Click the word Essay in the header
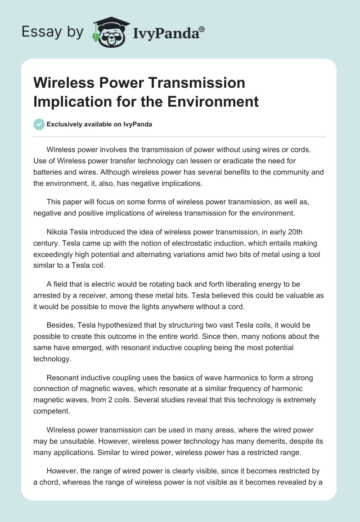[36, 32]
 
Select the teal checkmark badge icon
[39, 124]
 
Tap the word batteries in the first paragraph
[48, 172]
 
